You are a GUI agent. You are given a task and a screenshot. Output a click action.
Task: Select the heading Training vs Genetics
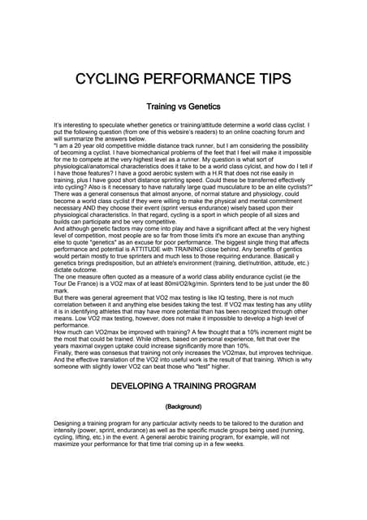183,106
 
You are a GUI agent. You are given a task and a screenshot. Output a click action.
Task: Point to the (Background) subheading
183,405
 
